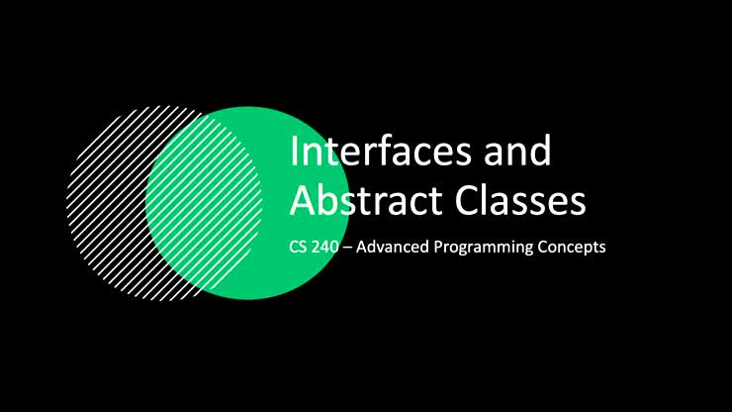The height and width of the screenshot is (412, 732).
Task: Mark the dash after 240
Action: point(346,248)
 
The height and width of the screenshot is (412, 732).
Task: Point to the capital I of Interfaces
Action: point(294,153)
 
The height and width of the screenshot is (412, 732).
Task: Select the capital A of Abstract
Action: point(301,200)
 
